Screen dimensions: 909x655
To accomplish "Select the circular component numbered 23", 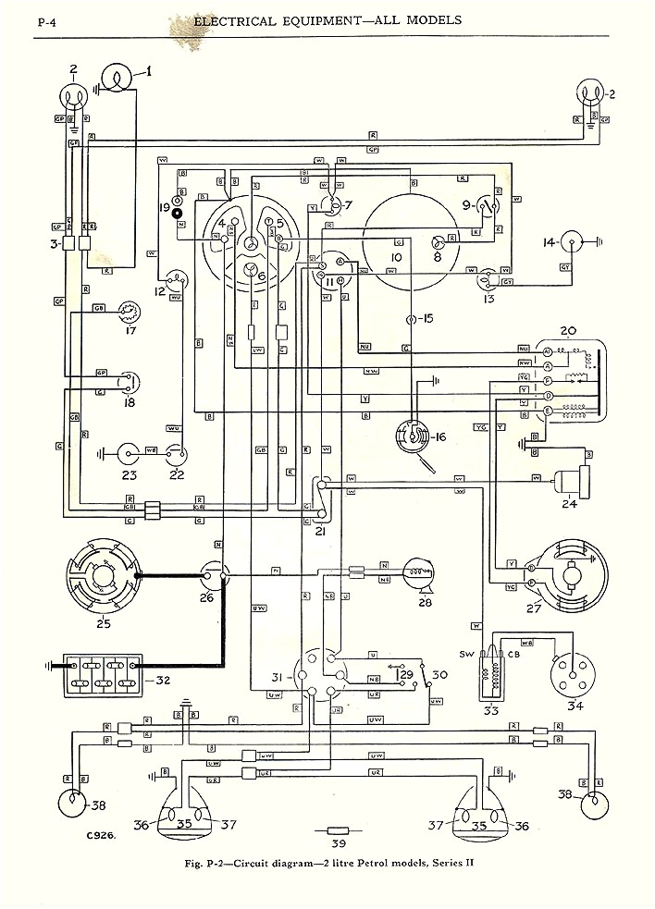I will (x=127, y=453).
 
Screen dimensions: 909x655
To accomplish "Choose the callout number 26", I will (x=205, y=597).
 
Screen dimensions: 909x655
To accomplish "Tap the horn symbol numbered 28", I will (x=416, y=579).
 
